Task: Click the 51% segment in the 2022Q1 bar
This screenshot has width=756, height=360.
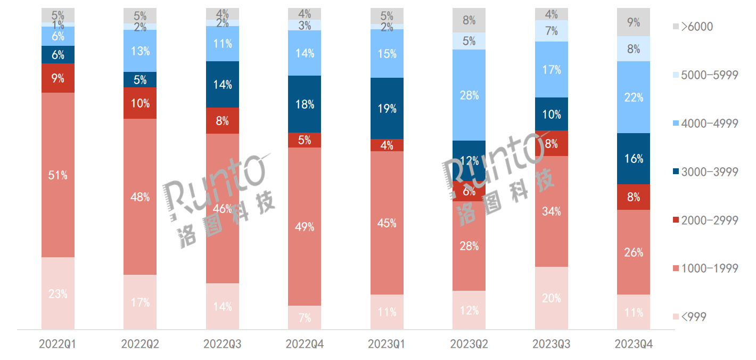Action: [x=58, y=175]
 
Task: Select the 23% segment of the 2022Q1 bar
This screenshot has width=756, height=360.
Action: [x=58, y=293]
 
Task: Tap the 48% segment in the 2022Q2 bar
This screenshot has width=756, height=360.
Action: [x=140, y=197]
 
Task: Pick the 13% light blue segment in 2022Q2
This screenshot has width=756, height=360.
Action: [x=140, y=51]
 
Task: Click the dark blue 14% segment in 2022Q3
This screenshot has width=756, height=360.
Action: [x=223, y=84]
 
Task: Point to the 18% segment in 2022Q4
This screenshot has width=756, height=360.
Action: [x=305, y=104]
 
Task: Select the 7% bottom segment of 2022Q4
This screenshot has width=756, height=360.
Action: [x=305, y=317]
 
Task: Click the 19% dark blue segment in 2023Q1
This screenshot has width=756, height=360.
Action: [x=387, y=109]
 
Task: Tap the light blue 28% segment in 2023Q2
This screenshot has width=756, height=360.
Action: [x=469, y=95]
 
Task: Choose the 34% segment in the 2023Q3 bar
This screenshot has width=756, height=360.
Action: [x=552, y=211]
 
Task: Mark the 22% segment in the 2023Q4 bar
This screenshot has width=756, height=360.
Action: [x=634, y=97]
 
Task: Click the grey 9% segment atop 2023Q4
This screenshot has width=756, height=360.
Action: [x=634, y=22]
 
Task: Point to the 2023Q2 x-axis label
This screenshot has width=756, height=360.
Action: [x=469, y=345]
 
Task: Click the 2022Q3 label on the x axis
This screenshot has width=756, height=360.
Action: [x=223, y=345]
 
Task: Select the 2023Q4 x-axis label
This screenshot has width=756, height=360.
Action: [x=634, y=345]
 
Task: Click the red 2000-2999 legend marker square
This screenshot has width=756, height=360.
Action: [x=676, y=220]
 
